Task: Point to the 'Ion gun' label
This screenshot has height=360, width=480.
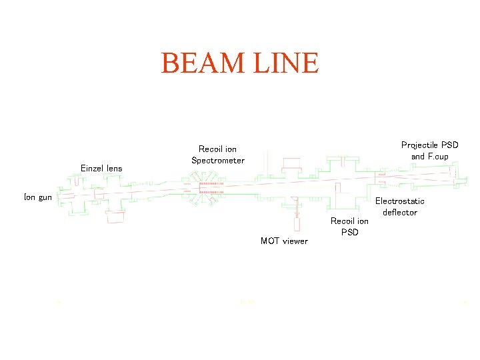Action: tap(38, 197)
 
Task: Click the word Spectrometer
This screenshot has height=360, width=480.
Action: tap(218, 160)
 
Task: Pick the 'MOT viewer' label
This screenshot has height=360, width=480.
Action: tap(284, 241)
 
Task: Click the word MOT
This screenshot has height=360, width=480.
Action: tap(270, 241)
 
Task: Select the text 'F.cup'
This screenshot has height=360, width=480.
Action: tap(438, 157)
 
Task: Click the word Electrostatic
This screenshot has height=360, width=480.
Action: tap(400, 201)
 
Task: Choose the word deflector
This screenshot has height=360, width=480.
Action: tap(400, 213)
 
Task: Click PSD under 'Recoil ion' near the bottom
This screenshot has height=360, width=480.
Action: tap(349, 232)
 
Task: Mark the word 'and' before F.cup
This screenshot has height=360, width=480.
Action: tap(418, 157)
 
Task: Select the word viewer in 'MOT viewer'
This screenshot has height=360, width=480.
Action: tap(294, 241)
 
